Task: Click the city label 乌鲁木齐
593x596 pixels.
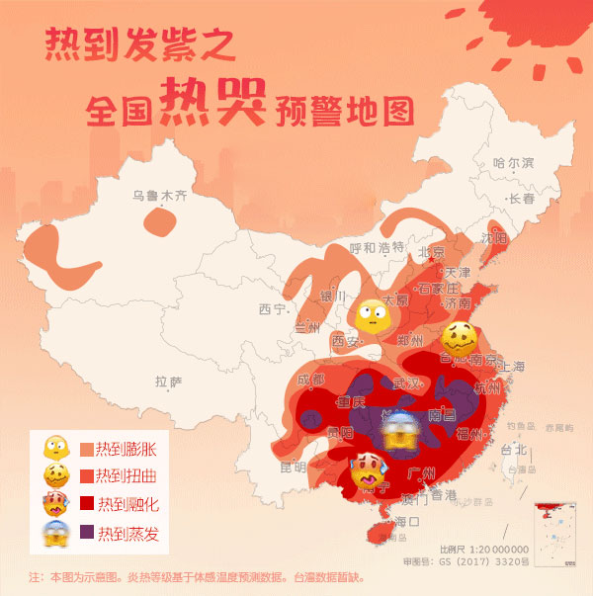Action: point(159,196)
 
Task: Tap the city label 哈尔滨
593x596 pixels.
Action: point(513,162)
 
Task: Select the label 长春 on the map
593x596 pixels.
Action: point(521,199)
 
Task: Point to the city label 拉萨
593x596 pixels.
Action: point(169,382)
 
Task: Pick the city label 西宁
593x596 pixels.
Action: point(273,309)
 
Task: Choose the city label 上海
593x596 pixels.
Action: point(513,366)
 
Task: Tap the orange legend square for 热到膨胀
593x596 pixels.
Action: point(86,450)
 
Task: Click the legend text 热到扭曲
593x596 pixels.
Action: point(127,477)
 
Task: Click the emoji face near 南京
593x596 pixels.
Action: point(460,339)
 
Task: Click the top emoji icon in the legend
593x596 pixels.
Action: point(54,450)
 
